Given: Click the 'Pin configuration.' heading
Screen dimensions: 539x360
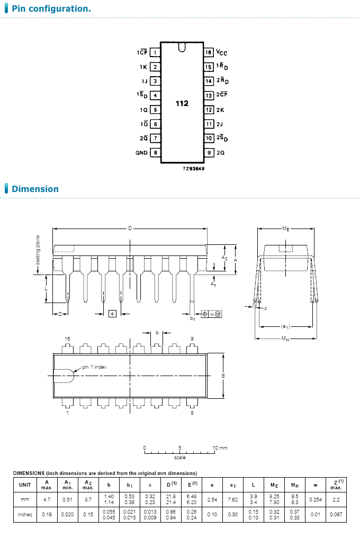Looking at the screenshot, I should pyautogui.click(x=51, y=9).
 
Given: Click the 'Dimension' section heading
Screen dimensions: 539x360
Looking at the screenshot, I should pyautogui.click(x=35, y=189).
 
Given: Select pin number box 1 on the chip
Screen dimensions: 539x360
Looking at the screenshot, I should pyautogui.click(x=155, y=52).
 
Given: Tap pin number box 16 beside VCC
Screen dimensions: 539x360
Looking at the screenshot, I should pyautogui.click(x=209, y=52).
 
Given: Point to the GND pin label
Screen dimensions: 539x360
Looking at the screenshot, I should pyautogui.click(x=141, y=153).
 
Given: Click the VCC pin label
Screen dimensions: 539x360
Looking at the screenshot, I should pyautogui.click(x=222, y=53).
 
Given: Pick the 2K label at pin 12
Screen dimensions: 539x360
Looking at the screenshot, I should pyautogui.click(x=220, y=110).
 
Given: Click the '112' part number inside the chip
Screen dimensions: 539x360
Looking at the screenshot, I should pyautogui.click(x=182, y=104).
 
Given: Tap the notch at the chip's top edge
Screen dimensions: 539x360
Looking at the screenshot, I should pyautogui.click(x=182, y=48).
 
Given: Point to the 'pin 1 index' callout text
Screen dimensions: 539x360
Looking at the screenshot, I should pyautogui.click(x=96, y=367).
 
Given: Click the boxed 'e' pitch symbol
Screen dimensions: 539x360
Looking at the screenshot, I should pyautogui.click(x=112, y=314).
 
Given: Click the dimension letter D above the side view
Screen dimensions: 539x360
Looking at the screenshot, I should pyautogui.click(x=130, y=228).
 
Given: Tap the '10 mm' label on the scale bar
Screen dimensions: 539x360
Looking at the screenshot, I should pyautogui.click(x=220, y=448).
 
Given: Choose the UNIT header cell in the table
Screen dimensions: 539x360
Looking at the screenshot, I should pyautogui.click(x=25, y=484).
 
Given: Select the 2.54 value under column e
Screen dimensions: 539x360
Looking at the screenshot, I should pyautogui.click(x=212, y=499).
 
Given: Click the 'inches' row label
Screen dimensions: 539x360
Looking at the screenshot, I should pyautogui.click(x=25, y=514).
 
